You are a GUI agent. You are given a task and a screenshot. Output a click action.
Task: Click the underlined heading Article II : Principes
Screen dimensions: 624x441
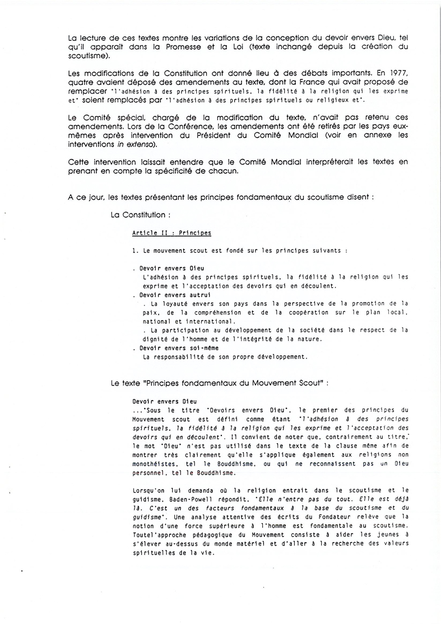pyautogui.click(x=171, y=233)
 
